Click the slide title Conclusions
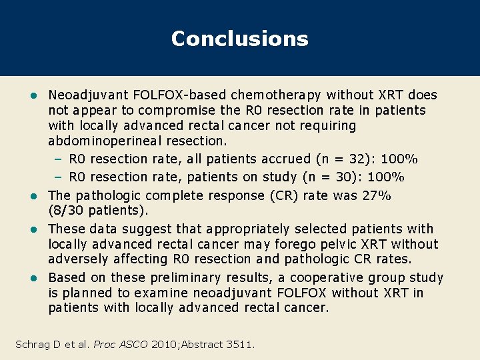tap(239, 39)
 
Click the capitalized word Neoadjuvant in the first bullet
tap(81, 95)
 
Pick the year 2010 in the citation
tap(164, 344)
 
